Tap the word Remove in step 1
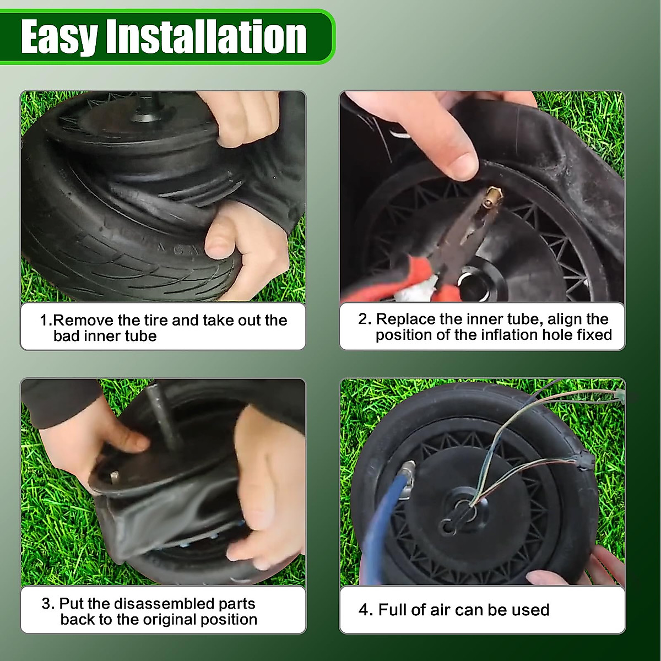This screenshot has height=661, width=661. [x=83, y=321]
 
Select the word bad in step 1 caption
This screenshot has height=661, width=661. [x=67, y=336]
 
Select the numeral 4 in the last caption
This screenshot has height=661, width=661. [x=363, y=610]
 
